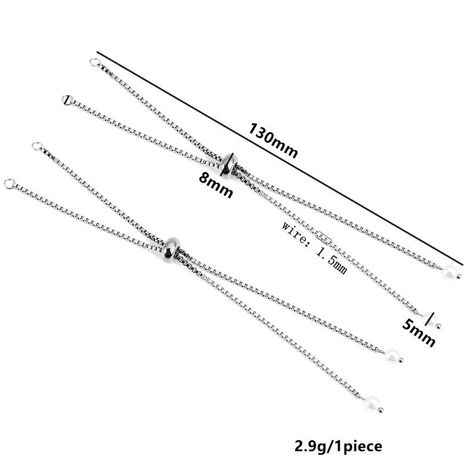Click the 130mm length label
pos(273,140)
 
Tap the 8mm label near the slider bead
pos(216,185)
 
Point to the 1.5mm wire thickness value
pos(332,260)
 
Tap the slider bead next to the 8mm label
pos(229,166)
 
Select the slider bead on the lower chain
pos(172,251)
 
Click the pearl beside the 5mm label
pos(430,320)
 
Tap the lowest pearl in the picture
pos(372,403)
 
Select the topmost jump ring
pos(95,63)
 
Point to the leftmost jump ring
pos(9,184)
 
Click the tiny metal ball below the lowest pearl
pos(381,410)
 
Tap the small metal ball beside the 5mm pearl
pos(438,327)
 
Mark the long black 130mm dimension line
pos(280,158)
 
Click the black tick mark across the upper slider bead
pos(230,162)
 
